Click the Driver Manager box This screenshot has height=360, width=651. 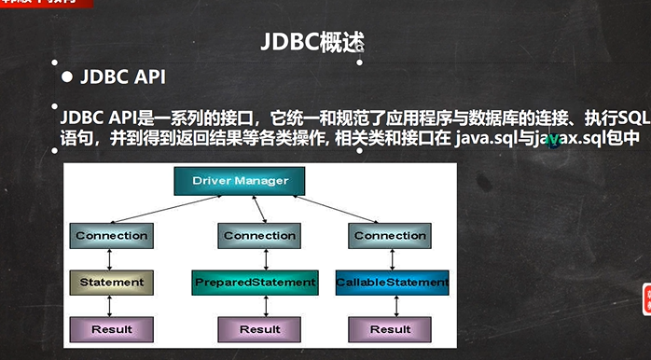click(245, 180)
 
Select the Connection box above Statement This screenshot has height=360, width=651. click(111, 236)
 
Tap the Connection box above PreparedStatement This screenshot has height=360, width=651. click(259, 236)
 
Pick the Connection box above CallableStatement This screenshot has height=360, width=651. click(390, 236)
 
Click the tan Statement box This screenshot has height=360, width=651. click(111, 282)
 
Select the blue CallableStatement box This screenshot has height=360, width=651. click(392, 282)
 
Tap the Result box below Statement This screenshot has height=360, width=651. click(111, 329)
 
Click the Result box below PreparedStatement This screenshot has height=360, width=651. click(259, 329)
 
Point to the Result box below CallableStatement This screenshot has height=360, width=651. click(390, 329)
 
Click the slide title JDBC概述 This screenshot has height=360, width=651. click(309, 42)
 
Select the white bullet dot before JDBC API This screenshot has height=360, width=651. click(66, 77)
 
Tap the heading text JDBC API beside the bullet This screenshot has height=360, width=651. click(125, 77)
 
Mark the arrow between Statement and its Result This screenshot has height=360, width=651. click(111, 305)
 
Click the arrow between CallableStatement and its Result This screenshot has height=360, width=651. click(390, 305)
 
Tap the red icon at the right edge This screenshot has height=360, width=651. click(644, 298)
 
